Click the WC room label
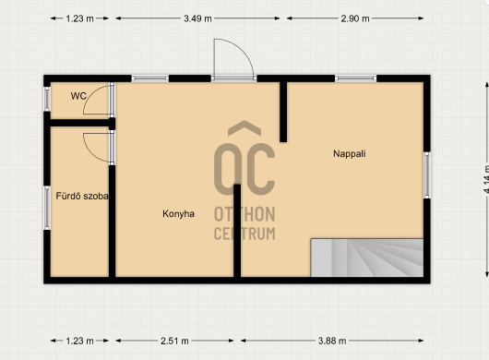click(x=78, y=96)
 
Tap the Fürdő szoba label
click(x=82, y=196)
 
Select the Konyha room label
click(x=178, y=213)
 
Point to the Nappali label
click(x=350, y=153)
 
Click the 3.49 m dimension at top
click(x=197, y=18)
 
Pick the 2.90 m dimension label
click(x=355, y=18)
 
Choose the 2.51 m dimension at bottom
click(x=174, y=341)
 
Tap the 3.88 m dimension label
click(x=332, y=341)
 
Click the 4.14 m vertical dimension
click(x=486, y=179)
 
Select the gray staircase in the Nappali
click(x=367, y=258)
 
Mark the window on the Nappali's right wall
click(x=427, y=175)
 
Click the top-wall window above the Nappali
click(x=356, y=78)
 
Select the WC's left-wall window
click(x=47, y=99)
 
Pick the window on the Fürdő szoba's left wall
click(x=47, y=208)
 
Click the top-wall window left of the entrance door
click(x=150, y=78)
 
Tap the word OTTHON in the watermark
click(x=244, y=214)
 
